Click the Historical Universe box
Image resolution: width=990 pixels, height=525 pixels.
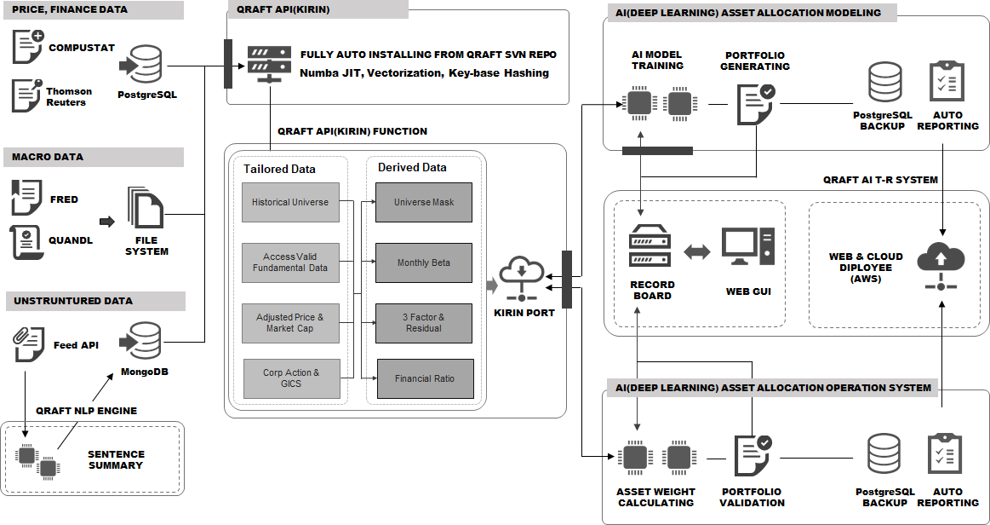point(290,203)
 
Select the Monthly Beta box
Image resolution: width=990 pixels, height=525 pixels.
point(424,262)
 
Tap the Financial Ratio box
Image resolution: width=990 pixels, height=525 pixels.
point(424,378)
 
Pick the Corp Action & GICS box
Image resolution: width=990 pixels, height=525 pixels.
point(290,378)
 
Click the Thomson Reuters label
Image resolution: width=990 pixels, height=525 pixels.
point(69,96)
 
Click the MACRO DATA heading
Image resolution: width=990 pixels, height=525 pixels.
point(48,157)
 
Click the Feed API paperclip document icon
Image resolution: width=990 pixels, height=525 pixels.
point(28,343)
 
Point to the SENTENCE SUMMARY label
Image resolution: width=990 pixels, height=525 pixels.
point(116,459)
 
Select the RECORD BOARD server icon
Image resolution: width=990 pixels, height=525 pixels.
point(651,247)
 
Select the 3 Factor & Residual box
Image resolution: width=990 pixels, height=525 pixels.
point(424,322)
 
